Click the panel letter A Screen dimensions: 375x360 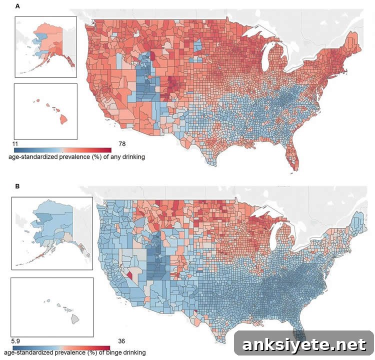(17, 6)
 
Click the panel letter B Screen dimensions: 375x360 (17, 186)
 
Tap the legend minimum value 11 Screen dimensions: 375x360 (15, 144)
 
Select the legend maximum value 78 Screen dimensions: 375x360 (122, 144)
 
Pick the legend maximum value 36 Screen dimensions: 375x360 (121, 341)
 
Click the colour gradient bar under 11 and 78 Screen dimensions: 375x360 (62, 150)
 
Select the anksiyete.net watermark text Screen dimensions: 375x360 (303, 344)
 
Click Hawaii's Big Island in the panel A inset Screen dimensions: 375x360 (63, 119)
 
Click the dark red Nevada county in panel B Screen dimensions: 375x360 (129, 274)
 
